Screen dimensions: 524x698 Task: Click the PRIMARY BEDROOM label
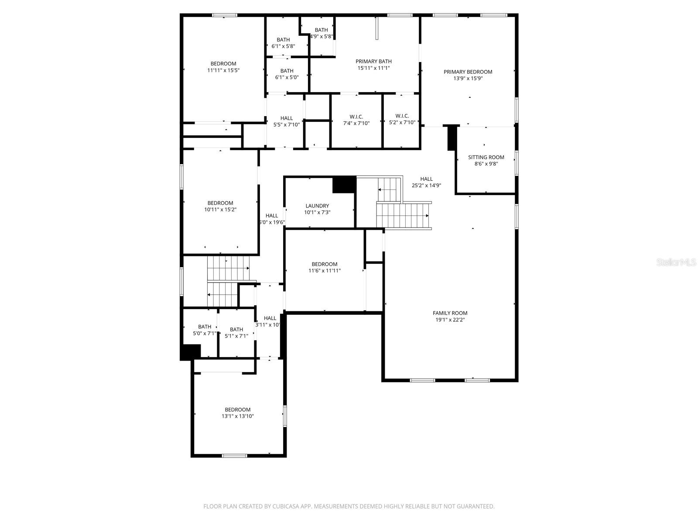[x=468, y=72]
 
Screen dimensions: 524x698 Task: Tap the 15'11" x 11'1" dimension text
[x=373, y=68]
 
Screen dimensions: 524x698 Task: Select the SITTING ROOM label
[x=486, y=157]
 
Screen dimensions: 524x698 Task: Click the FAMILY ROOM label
[x=450, y=313]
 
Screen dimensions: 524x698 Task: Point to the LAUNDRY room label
[x=317, y=206]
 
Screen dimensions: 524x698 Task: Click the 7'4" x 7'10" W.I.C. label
[x=356, y=120]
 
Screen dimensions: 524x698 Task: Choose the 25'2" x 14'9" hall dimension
[x=426, y=185]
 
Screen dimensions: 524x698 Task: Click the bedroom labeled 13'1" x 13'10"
[x=237, y=413]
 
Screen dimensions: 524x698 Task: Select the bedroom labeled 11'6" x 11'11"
[x=324, y=267]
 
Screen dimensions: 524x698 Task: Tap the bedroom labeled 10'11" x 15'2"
[x=220, y=206]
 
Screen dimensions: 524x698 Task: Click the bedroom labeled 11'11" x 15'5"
[x=223, y=67]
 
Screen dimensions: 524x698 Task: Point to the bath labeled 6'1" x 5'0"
[x=287, y=74]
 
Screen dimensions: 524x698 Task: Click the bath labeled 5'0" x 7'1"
[x=205, y=330]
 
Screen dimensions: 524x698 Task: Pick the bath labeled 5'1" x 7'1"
[x=236, y=333]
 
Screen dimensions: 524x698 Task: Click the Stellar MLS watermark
[x=676, y=262]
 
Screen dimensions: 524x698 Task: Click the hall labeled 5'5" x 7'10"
[x=287, y=121]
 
